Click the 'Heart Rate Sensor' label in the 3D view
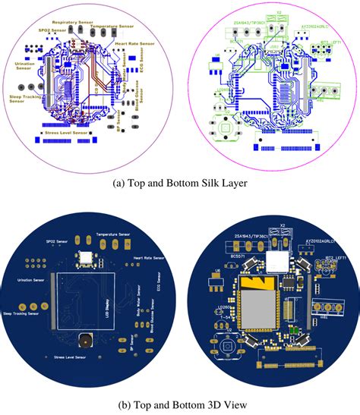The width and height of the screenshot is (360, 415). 147,259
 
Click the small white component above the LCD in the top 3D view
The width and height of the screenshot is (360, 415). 85,258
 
